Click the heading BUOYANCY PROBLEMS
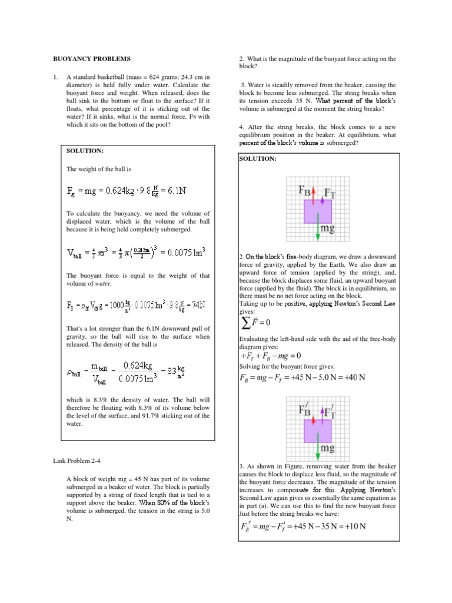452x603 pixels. click(x=92, y=59)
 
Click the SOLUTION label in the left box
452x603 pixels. click(x=85, y=151)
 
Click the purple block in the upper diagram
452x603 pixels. click(x=318, y=210)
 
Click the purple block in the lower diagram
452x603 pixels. click(x=318, y=431)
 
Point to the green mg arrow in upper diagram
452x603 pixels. click(x=318, y=230)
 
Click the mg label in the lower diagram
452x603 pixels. click(x=328, y=449)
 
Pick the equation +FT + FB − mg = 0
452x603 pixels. click(x=271, y=356)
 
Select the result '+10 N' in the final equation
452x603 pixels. click(x=355, y=525)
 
